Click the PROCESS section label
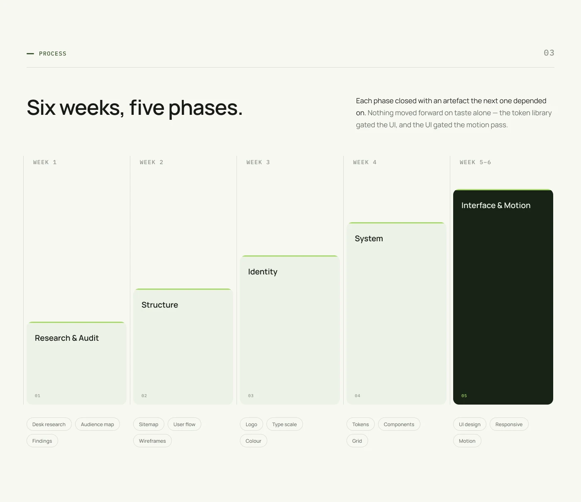[53, 53]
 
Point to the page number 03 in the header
[549, 53]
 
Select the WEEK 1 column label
[45, 162]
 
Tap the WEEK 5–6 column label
[475, 162]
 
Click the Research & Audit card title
[67, 338]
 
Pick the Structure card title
[160, 305]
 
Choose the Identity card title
[263, 272]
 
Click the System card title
[369, 239]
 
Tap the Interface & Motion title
[496, 206]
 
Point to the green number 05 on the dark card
[464, 396]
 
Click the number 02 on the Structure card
[144, 396]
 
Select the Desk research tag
[49, 424]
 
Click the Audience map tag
[97, 424]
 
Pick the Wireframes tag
[152, 441]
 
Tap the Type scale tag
[284, 424]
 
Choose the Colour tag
[253, 441]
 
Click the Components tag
[399, 424]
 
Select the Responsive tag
[509, 424]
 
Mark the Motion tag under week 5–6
[467, 441]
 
